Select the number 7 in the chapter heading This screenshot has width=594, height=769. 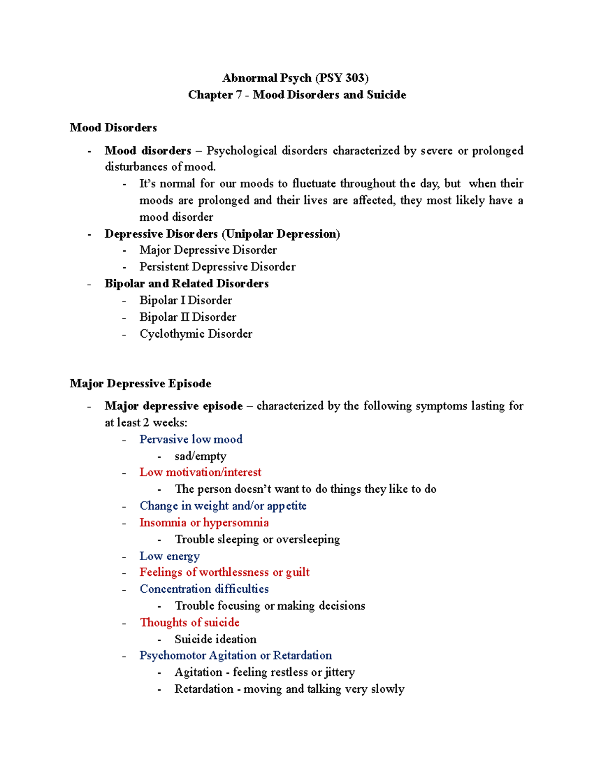[239, 95]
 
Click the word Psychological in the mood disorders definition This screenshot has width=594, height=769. [242, 151]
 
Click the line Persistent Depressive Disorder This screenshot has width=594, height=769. [217, 267]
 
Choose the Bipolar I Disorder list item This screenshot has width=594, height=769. [186, 301]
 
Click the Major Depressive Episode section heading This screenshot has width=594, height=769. [141, 384]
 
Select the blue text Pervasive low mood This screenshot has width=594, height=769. [191, 440]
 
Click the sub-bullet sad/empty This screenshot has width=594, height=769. [200, 457]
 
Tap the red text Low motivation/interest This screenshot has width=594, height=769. [200, 472]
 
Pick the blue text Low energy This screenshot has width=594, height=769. [169, 557]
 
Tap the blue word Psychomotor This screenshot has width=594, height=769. [172, 656]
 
